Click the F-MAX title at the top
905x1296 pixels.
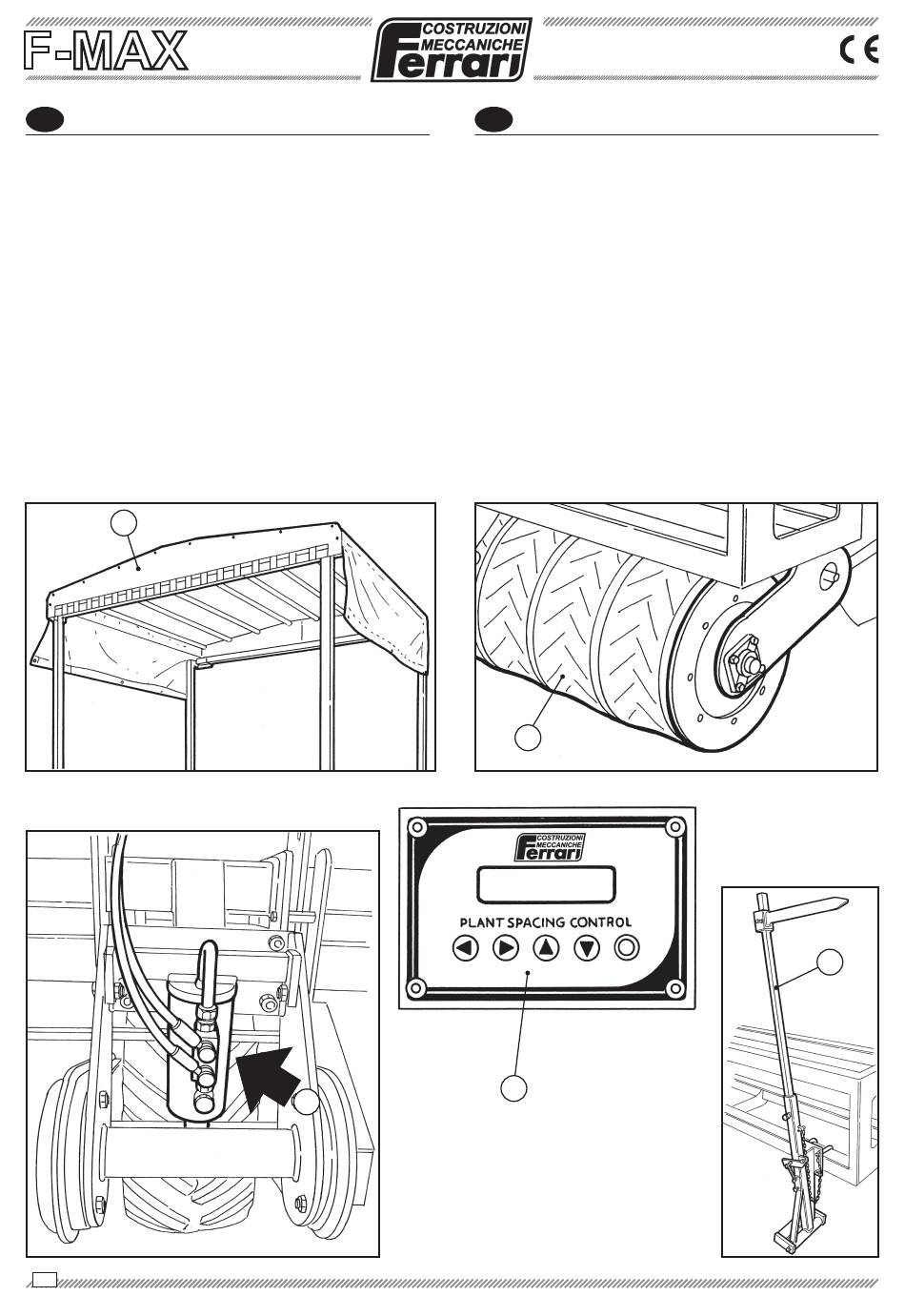105,50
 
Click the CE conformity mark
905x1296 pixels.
858,50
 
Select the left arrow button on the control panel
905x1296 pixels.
465,948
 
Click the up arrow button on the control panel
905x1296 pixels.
546,948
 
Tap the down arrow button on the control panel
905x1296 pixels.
587,948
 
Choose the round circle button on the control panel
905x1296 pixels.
627,948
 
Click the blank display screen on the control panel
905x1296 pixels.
546,884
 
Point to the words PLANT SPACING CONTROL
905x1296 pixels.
545,922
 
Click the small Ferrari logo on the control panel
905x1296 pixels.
549,846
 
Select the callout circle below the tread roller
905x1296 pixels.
528,737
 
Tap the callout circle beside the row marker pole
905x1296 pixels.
830,962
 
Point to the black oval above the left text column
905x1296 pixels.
44,120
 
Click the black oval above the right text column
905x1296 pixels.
493,120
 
